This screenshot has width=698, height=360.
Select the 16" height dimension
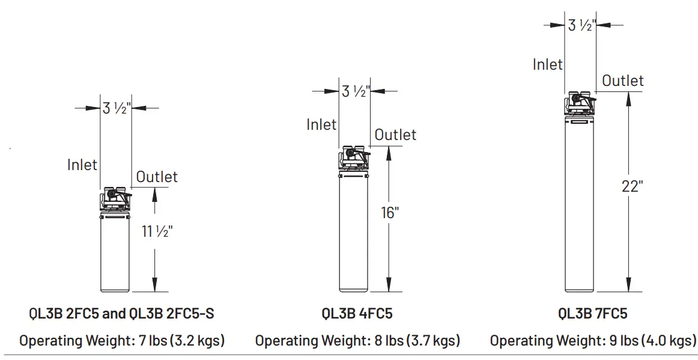pyautogui.click(x=390, y=213)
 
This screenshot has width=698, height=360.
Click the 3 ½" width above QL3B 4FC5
pyautogui.click(x=354, y=91)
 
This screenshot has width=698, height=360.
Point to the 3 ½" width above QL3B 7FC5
pyautogui.click(x=581, y=25)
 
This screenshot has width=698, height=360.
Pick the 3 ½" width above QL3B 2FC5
pyautogui.click(x=116, y=109)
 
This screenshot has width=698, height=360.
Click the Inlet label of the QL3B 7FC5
pyautogui.click(x=547, y=64)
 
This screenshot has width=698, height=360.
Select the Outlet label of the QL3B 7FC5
pyautogui.click(x=622, y=81)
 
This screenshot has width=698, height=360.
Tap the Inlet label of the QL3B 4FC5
pyautogui.click(x=321, y=124)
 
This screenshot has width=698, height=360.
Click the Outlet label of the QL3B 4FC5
pyautogui.click(x=395, y=135)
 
